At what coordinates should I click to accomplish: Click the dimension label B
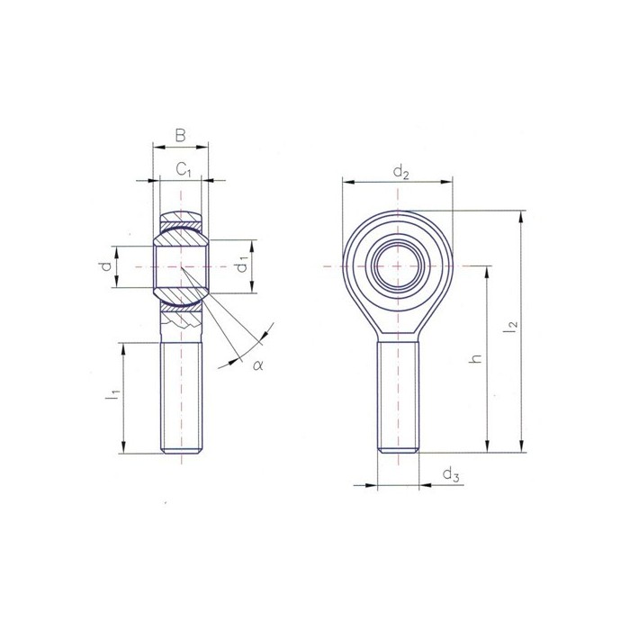(x=180, y=136)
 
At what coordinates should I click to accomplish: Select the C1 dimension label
(x=183, y=168)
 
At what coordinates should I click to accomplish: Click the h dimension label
(x=477, y=357)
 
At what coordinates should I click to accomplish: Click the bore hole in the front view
(x=397, y=265)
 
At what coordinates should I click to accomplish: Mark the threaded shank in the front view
(x=397, y=396)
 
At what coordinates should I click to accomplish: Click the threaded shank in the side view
(x=182, y=396)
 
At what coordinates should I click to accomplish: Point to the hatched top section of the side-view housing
(x=182, y=219)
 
